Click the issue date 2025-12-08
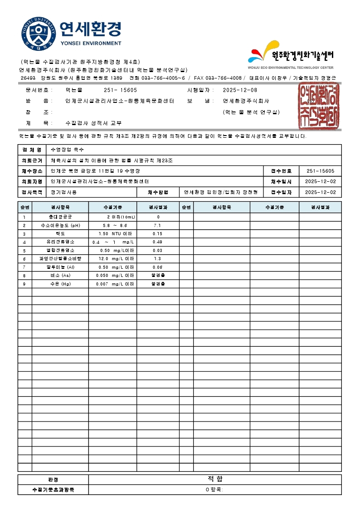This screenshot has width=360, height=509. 240,90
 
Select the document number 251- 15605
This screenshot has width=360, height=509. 120,90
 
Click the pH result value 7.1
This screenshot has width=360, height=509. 157,225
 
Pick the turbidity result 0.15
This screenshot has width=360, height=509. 157,234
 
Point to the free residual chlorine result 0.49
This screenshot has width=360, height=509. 157,242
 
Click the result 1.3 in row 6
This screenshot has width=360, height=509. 157,259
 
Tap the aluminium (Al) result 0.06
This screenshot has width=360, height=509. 157,267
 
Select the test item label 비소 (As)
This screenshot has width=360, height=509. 60,276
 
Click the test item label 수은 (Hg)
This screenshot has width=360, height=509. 60,284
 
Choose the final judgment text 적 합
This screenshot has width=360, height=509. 214,479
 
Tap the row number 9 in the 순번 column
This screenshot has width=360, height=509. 24,284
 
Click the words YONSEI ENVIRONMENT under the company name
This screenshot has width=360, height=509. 91,44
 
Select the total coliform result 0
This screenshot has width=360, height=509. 158,217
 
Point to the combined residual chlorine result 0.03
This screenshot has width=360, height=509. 157,250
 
